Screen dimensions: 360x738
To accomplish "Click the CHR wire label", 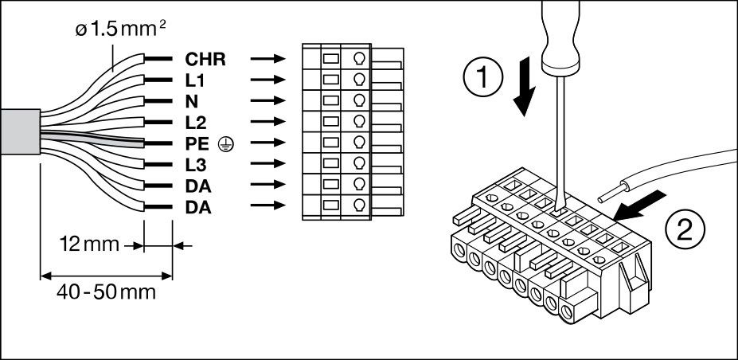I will (204, 59).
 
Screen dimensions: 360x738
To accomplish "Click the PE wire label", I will (197, 143).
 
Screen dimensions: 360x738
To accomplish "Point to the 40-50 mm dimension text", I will (106, 292).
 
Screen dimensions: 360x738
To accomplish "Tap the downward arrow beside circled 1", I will (526, 92).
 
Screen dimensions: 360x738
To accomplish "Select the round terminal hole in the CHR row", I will (359, 58).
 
